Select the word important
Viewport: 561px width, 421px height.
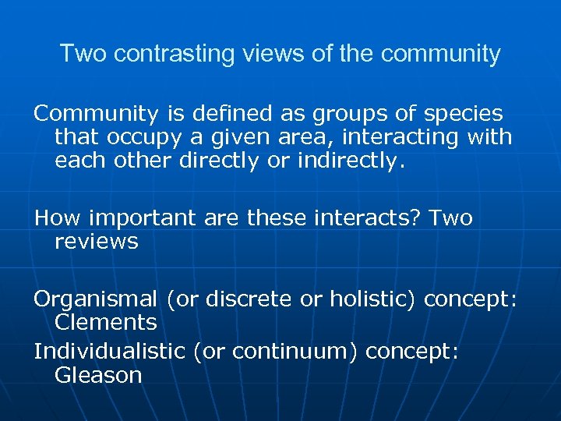[137, 218]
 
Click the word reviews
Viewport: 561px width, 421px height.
[97, 241]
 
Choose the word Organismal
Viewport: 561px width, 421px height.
[93, 299]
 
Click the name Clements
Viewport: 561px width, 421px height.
[106, 322]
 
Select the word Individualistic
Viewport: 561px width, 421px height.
[109, 352]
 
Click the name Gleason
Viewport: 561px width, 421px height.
[98, 375]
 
